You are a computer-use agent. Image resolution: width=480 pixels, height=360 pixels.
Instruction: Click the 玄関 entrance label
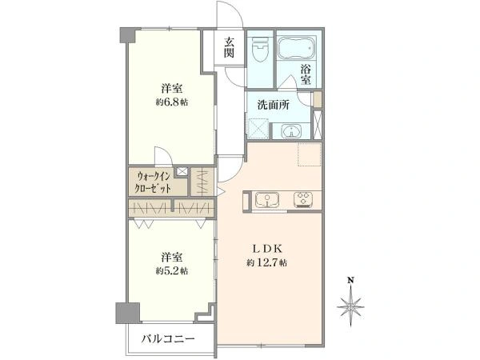click(229, 48)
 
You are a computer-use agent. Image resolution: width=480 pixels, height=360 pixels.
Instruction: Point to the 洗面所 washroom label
click(273, 102)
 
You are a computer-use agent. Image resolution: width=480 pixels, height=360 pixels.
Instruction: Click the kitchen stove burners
click(305, 198)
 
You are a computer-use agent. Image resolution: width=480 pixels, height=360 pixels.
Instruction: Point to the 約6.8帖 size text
click(172, 103)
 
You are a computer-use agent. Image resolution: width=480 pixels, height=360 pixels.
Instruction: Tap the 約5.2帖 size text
click(172, 271)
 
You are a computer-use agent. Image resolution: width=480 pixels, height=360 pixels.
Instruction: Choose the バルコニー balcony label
click(169, 339)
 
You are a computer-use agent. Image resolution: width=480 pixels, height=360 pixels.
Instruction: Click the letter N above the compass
click(350, 280)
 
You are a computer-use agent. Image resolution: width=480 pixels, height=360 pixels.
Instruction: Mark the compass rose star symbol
click(350, 304)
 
